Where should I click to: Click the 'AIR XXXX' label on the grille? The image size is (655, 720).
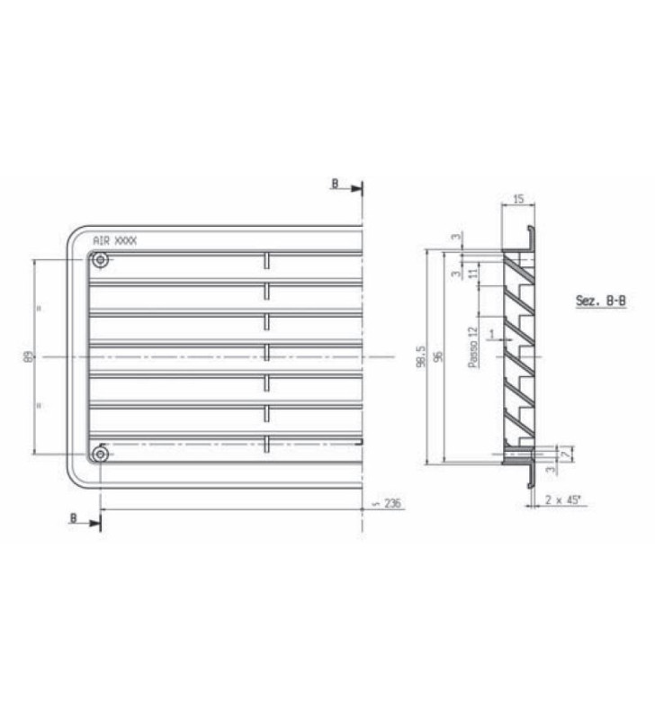(x=115, y=240)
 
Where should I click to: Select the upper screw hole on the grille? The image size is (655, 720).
(x=99, y=261)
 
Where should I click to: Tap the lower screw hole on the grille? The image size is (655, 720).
(x=99, y=454)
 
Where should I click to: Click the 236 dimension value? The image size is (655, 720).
(x=392, y=504)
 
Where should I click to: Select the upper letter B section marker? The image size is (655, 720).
(x=335, y=184)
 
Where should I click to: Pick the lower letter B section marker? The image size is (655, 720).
(x=74, y=519)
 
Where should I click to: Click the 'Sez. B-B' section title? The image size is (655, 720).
(x=600, y=301)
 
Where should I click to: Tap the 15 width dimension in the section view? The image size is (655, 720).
(x=518, y=199)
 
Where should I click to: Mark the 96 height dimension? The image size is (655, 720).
(x=438, y=356)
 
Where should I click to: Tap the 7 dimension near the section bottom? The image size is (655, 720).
(x=564, y=456)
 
